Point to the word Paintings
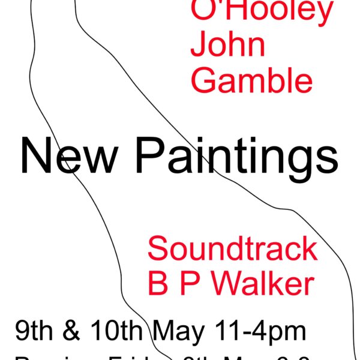[235, 156]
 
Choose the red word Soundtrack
[232, 248]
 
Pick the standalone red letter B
[157, 283]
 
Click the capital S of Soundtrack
[157, 248]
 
